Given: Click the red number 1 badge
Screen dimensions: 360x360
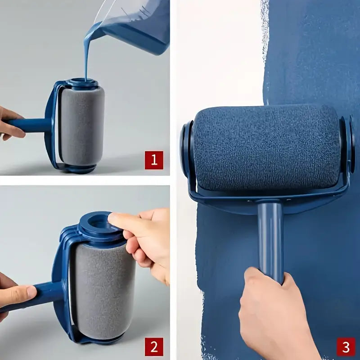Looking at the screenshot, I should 153,160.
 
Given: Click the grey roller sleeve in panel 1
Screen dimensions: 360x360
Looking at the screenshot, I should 82,126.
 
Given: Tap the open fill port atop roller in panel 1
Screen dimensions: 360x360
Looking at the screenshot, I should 81,84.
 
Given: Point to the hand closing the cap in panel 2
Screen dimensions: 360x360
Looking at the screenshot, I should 144,238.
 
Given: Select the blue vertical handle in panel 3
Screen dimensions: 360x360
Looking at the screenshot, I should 270,238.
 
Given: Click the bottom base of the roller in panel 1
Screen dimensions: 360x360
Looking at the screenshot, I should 79,169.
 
